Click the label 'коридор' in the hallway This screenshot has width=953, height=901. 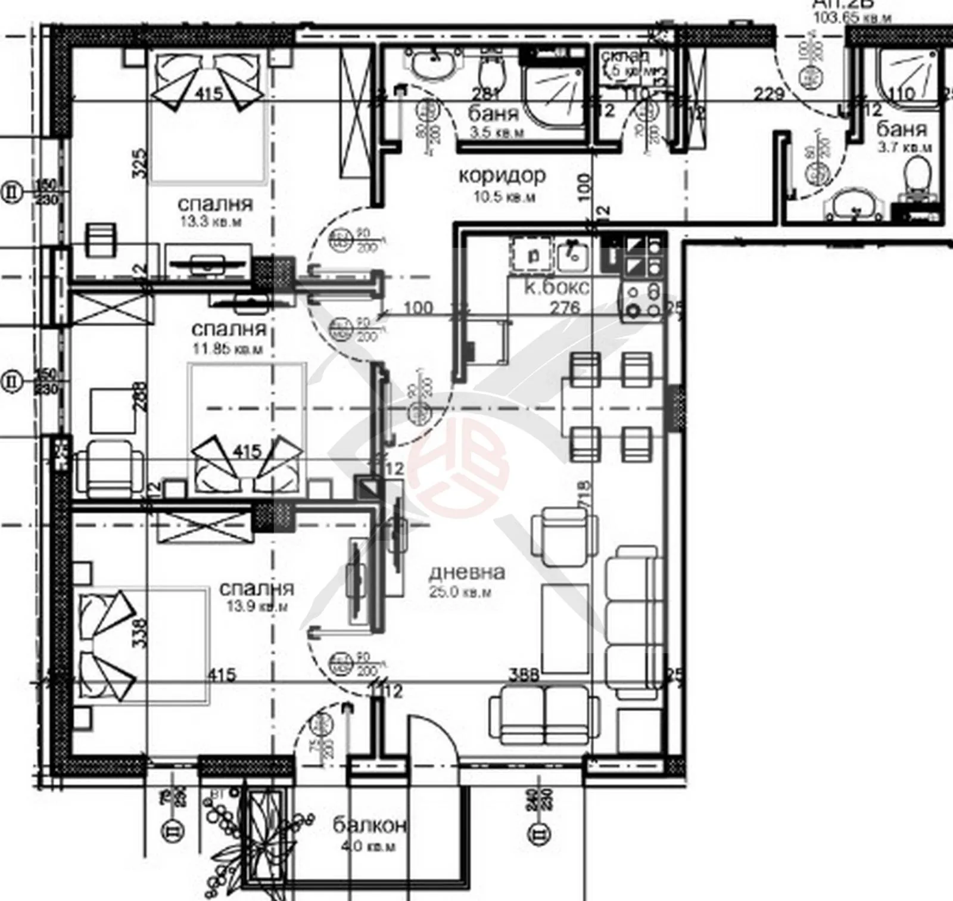tap(502, 175)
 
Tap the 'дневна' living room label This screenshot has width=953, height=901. tap(467, 572)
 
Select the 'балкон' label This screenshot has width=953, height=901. tap(369, 825)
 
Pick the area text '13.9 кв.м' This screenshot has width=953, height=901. tap(258, 607)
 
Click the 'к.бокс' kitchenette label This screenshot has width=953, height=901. tap(557, 288)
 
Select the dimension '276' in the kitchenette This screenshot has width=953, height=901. tap(565, 307)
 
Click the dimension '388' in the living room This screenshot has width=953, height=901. tap(524, 675)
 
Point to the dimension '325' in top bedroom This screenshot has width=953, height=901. tap(138, 164)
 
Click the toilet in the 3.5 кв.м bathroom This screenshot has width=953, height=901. tap(493, 75)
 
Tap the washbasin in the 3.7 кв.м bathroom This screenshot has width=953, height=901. tap(853, 206)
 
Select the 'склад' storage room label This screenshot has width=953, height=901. tap(625, 56)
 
